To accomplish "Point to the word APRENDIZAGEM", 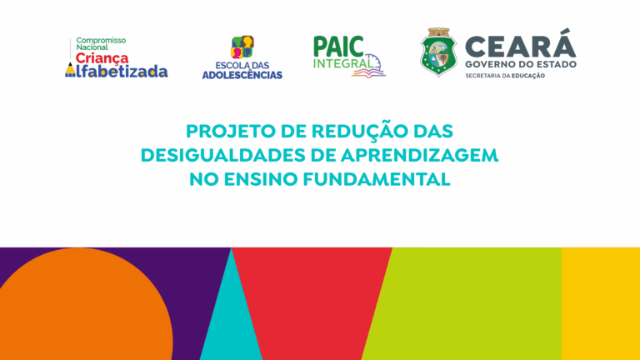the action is pyautogui.click(x=419, y=156).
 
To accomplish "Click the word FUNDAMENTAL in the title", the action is pyautogui.click(x=377, y=180).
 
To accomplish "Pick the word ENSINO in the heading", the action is pyautogui.click(x=260, y=180).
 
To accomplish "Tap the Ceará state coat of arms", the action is pyautogui.click(x=439, y=52).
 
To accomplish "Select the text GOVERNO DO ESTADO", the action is pyautogui.click(x=521, y=64).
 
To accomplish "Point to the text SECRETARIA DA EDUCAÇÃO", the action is pyautogui.click(x=505, y=76).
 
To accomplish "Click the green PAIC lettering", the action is pyautogui.click(x=338, y=46).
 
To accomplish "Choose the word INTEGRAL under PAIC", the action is pyautogui.click(x=343, y=63).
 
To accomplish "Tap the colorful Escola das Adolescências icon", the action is pyautogui.click(x=242, y=47).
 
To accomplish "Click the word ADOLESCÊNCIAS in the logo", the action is pyautogui.click(x=242, y=75).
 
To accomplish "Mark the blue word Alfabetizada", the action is pyautogui.click(x=117, y=71).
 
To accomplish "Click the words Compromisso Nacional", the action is pyautogui.click(x=101, y=43).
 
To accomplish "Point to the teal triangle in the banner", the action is pyautogui.click(x=231, y=318).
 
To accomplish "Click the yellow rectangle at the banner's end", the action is pyautogui.click(x=600, y=303).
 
